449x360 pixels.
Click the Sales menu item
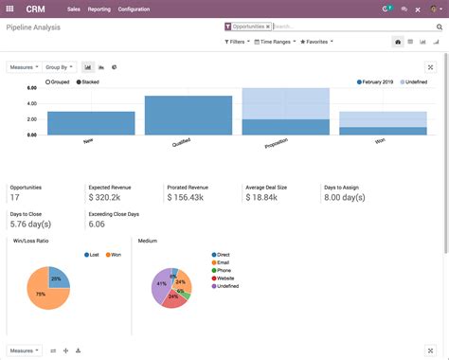(72, 9)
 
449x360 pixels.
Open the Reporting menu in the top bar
(99, 9)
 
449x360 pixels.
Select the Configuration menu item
(134, 9)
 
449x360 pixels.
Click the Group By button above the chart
(59, 67)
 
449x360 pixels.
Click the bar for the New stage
(91, 123)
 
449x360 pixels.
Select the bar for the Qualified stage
(189, 115)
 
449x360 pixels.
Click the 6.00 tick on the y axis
(31, 87)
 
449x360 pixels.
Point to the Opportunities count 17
(14, 197)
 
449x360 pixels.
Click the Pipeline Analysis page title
(34, 29)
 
